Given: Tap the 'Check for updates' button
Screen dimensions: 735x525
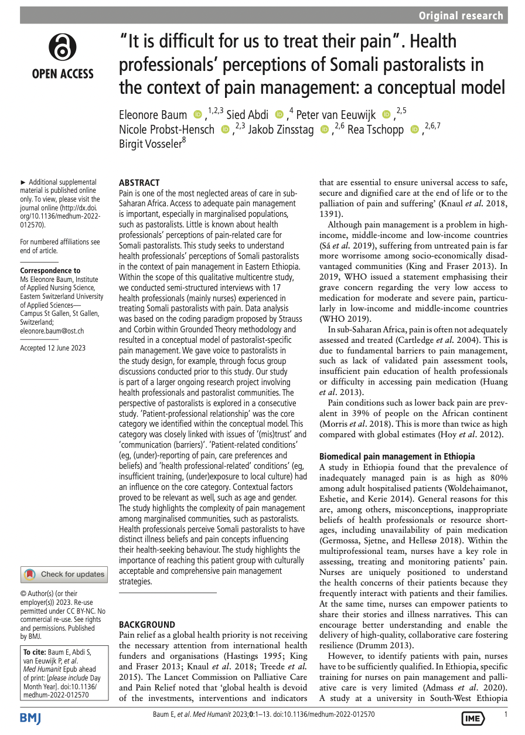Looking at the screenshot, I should [64, 574].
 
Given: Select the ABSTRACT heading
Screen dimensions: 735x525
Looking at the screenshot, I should [139, 183].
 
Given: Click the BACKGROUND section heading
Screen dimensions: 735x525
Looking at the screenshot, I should [147, 625].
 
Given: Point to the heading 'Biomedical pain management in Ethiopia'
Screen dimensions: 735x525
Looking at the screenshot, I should [397, 456].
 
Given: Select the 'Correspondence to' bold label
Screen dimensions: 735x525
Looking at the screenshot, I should [50, 270].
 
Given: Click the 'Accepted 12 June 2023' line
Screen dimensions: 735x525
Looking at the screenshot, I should [53, 348].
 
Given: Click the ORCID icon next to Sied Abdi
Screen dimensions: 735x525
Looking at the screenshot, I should [279, 114].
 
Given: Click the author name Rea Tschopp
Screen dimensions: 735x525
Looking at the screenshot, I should [376, 130].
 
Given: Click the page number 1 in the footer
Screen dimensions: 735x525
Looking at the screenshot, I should [506, 714].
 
